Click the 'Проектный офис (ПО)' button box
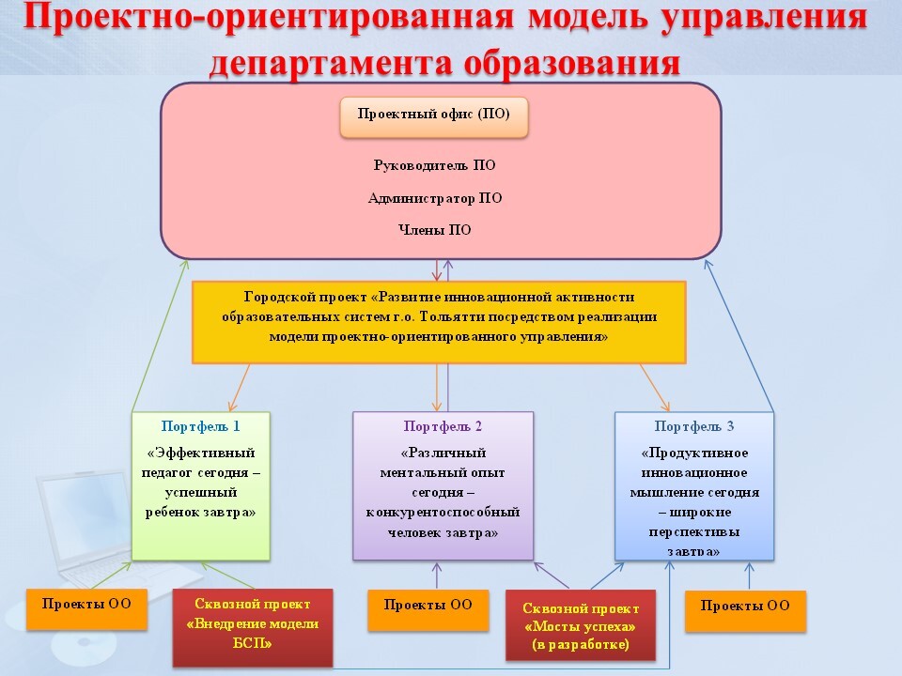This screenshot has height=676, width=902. (x=434, y=117)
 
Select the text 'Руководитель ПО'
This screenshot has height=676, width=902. (x=434, y=165)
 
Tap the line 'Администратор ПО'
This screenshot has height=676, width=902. (x=435, y=198)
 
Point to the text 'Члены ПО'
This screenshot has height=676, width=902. (x=435, y=230)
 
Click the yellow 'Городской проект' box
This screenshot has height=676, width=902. (x=439, y=322)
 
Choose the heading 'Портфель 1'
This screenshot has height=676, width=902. (x=201, y=426)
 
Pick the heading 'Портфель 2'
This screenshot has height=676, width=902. (x=443, y=426)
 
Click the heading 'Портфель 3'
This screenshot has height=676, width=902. (x=694, y=426)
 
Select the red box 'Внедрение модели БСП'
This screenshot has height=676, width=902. (x=253, y=627)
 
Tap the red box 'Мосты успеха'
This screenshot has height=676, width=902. (x=581, y=625)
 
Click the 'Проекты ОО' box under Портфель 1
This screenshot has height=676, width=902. (x=86, y=608)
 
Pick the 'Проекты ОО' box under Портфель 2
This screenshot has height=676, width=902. (x=428, y=610)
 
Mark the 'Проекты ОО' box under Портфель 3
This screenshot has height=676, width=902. (x=745, y=611)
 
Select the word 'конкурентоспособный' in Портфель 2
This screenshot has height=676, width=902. (x=443, y=513)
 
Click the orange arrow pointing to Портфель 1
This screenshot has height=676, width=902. (x=240, y=388)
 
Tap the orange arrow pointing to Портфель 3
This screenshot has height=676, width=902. (x=655, y=388)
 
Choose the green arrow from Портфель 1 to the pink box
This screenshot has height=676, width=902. (x=160, y=336)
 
